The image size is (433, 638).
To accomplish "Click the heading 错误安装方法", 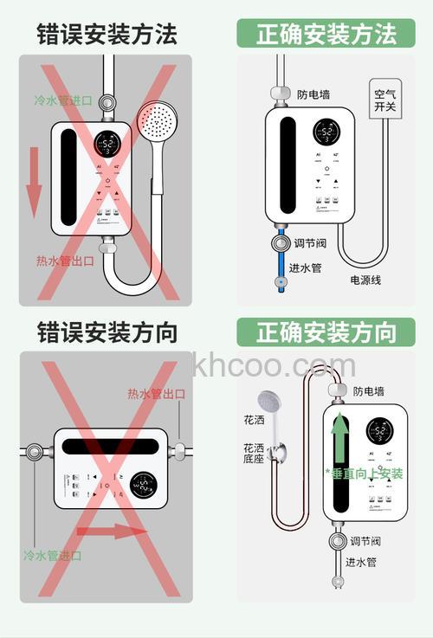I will click(107, 34).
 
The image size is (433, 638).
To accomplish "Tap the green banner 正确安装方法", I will click(326, 34).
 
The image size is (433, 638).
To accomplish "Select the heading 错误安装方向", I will click(107, 332).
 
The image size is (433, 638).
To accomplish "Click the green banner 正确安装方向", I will click(326, 332).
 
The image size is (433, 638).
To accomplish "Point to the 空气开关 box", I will click(385, 101).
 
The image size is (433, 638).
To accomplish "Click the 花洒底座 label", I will click(253, 455).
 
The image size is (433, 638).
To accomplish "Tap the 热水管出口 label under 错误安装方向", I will click(156, 394).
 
